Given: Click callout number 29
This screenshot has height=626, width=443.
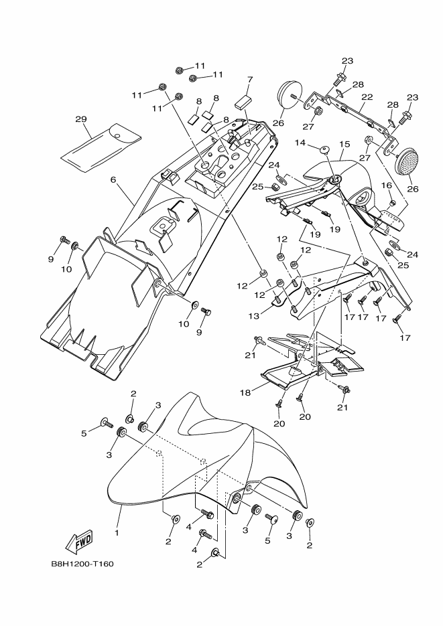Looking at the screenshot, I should coord(81,120).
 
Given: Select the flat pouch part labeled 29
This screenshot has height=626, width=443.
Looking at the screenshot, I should coord(101,144).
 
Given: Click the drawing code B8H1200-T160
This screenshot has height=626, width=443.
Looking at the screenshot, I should coord(82,564).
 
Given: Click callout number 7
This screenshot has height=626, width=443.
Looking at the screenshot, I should coord(249,79).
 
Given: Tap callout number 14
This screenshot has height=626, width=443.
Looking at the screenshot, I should coord(300,143).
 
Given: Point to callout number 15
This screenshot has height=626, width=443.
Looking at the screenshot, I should coord(345,144).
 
